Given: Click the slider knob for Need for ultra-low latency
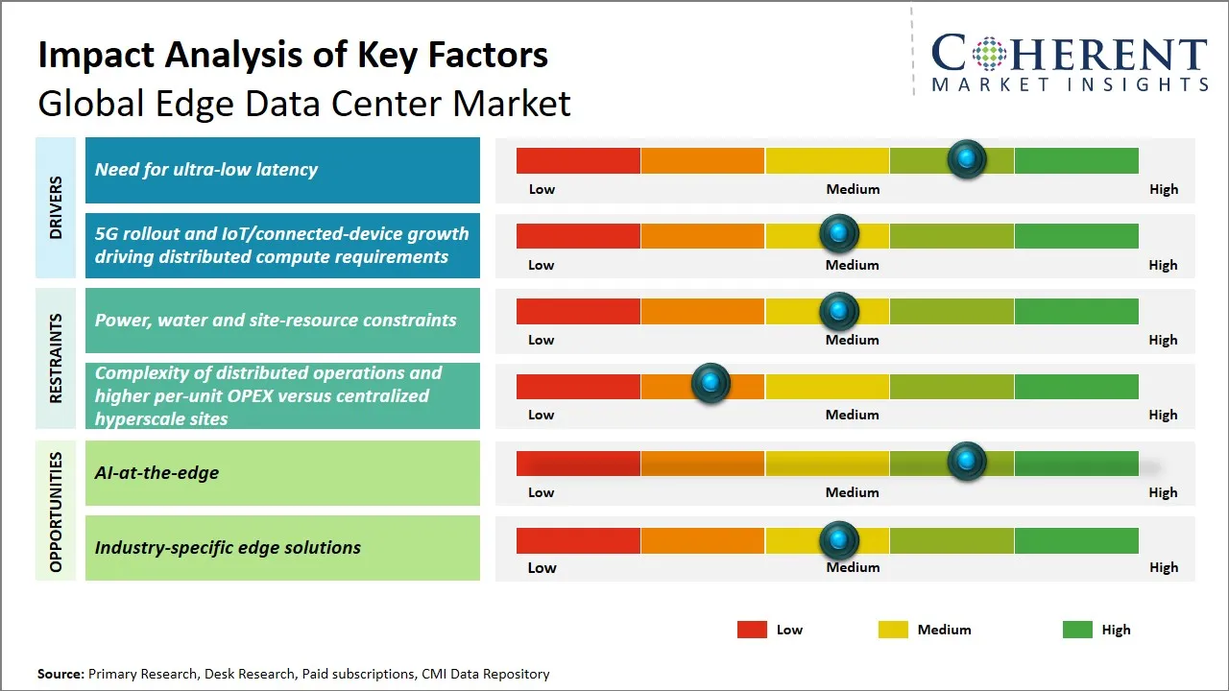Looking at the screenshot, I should [967, 158].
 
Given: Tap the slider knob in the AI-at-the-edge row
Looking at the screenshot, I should [967, 462].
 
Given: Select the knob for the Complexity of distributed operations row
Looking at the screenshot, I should [711, 384].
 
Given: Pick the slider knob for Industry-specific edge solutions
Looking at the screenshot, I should [839, 540].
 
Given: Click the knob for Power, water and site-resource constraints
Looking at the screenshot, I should [839, 311].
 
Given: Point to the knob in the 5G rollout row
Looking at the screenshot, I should [839, 233].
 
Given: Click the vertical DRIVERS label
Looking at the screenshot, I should [56, 207].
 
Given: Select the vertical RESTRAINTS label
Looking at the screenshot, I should [56, 358].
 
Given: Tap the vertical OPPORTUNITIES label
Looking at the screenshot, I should [56, 512].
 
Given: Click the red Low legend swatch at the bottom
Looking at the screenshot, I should [752, 630].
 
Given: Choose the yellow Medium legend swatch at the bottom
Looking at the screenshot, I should [893, 630].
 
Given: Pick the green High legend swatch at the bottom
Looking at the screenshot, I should [1077, 630].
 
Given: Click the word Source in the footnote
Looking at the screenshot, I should [60, 674].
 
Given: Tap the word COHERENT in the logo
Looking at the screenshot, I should [1069, 54].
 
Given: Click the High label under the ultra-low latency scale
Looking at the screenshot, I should [1164, 189].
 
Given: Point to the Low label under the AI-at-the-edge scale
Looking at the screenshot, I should [542, 492].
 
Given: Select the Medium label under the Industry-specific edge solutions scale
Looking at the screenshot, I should [853, 567].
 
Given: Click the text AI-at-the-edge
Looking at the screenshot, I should [157, 472].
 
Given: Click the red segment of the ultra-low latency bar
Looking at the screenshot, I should [578, 160].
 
